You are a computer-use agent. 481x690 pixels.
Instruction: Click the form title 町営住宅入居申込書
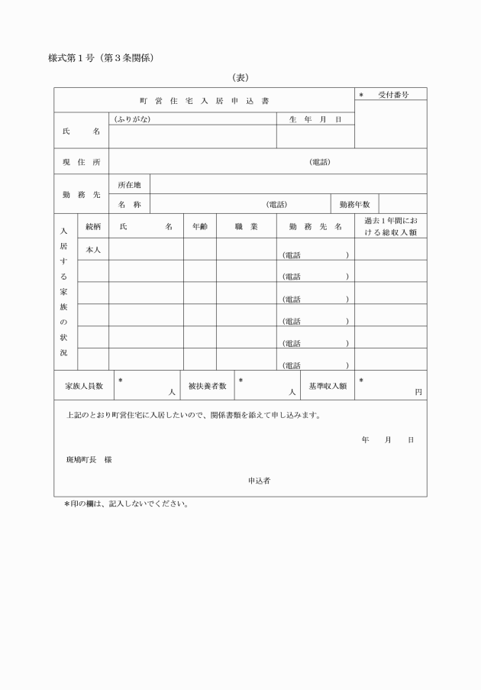pyautogui.click(x=204, y=101)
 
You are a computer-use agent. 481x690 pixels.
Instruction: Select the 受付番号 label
pyautogui.click(x=392, y=95)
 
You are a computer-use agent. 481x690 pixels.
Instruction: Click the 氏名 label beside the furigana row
pyautogui.click(x=81, y=131)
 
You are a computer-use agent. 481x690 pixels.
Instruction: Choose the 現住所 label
pyautogui.click(x=81, y=162)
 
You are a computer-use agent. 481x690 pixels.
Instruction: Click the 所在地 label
pyautogui.click(x=130, y=185)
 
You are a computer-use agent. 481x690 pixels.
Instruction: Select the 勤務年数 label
pyautogui.click(x=354, y=205)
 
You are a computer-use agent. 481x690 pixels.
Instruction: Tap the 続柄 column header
pyautogui.click(x=93, y=227)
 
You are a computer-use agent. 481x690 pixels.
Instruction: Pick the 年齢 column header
pyautogui.click(x=199, y=227)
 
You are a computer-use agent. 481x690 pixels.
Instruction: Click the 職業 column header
pyautogui.click(x=246, y=227)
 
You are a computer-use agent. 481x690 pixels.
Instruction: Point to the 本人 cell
pyautogui.click(x=93, y=250)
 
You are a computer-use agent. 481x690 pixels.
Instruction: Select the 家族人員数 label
pyautogui.click(x=84, y=387)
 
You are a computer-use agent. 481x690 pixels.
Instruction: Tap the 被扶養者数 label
pyautogui.click(x=208, y=387)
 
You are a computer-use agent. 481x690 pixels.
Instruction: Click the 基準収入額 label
pyautogui.click(x=328, y=387)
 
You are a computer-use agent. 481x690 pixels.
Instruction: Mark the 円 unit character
pyautogui.click(x=418, y=392)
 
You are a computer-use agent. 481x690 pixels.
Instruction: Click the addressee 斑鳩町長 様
pyautogui.click(x=89, y=460)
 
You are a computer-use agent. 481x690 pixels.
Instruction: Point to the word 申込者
pyautogui.click(x=258, y=481)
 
